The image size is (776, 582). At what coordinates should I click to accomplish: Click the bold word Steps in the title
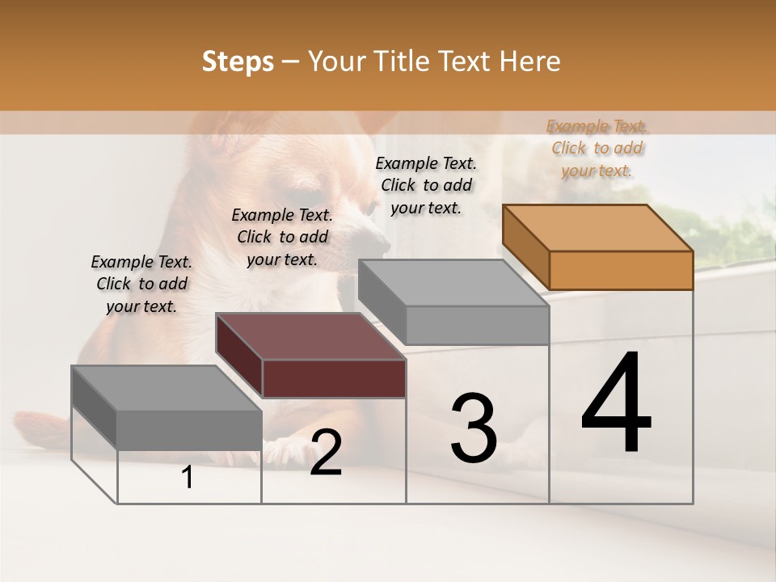[x=238, y=61]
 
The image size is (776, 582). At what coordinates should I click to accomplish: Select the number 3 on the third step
[x=473, y=429]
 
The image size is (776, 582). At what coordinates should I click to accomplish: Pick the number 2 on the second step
[x=326, y=453]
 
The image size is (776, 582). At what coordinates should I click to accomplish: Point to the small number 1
[x=188, y=478]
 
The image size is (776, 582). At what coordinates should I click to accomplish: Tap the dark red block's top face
[x=310, y=336]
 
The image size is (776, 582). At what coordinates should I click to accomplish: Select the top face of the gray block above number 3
[x=453, y=283]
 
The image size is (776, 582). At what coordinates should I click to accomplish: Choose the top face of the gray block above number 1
[x=167, y=388]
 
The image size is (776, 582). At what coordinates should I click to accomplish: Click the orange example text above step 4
[x=597, y=148]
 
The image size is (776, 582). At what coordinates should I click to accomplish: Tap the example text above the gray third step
[x=426, y=185]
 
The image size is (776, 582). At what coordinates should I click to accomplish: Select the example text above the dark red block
[x=282, y=237]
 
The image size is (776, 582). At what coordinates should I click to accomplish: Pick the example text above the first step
[x=141, y=284]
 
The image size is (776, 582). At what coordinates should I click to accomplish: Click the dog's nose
[x=377, y=240]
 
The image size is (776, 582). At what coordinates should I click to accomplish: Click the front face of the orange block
[x=621, y=270]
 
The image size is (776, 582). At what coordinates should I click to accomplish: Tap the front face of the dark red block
[x=334, y=378]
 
